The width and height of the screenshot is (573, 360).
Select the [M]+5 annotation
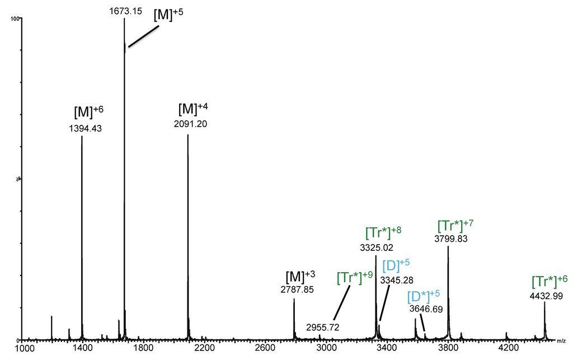[168, 16]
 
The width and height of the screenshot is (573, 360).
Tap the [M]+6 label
[88, 111]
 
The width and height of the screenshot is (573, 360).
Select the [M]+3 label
[300, 276]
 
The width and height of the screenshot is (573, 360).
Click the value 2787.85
[297, 289]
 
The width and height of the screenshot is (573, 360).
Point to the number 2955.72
[323, 326]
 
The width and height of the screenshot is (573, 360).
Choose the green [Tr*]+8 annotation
[383, 231]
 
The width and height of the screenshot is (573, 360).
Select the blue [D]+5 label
[396, 265]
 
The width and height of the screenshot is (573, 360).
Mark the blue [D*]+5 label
[422, 294]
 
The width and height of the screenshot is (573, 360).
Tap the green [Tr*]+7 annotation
[455, 225]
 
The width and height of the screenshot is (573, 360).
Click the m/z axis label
[561, 341]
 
